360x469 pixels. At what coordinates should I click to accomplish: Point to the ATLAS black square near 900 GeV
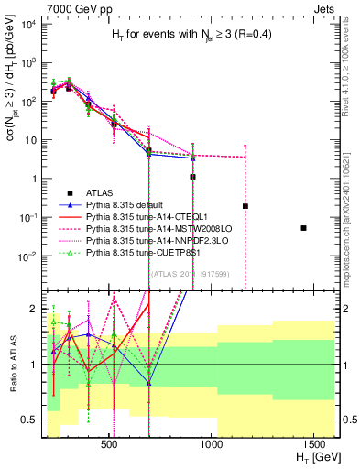[x=192, y=177]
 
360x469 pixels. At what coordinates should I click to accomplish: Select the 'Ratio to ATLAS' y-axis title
[x=11, y=365]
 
